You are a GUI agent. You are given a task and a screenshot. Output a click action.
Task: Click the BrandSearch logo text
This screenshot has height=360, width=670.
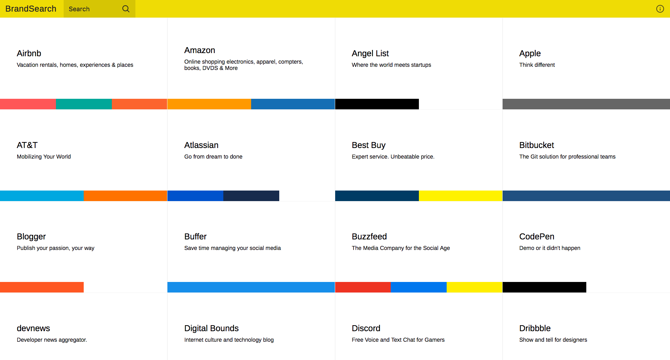click(x=31, y=9)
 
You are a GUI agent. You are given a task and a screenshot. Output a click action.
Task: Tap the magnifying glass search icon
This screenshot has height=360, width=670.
click(x=126, y=9)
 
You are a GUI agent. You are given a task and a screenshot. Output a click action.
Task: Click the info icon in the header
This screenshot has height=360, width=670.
click(x=660, y=9)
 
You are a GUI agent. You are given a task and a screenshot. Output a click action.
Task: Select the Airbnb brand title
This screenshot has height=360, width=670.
click(x=29, y=53)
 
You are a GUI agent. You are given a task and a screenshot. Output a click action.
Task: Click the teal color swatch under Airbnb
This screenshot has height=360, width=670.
click(x=84, y=104)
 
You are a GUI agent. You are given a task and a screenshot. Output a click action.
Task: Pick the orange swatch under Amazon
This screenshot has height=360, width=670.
click(x=209, y=104)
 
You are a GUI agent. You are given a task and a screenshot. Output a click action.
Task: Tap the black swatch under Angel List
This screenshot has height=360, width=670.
click(x=377, y=104)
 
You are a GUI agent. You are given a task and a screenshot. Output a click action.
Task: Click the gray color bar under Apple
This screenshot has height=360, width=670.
click(x=586, y=104)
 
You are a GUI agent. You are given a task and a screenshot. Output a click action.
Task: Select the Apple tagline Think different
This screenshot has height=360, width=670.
click(x=537, y=65)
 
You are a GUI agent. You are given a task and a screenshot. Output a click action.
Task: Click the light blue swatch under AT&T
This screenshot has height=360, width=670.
click(x=42, y=196)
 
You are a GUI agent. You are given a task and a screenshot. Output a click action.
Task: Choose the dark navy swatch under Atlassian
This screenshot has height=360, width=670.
click(x=251, y=196)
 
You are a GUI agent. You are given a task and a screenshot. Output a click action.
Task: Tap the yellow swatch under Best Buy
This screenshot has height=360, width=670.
click(x=460, y=196)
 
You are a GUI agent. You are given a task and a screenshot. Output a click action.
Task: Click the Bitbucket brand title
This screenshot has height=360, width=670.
click(x=536, y=145)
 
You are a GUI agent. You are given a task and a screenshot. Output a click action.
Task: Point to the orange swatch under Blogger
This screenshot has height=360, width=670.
click(x=42, y=287)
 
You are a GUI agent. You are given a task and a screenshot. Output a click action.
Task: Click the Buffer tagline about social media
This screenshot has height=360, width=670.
click(x=232, y=248)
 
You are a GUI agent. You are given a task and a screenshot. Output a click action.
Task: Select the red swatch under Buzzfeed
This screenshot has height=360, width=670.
click(x=363, y=287)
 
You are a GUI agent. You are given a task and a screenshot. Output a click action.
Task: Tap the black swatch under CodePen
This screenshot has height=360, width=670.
click(x=544, y=287)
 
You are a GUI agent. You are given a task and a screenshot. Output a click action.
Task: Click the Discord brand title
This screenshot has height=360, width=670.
click(x=366, y=328)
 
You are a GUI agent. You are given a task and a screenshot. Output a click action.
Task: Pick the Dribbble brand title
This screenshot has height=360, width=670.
click(x=535, y=328)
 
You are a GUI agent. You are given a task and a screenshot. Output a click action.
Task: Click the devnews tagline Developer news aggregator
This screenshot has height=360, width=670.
click(x=52, y=340)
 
